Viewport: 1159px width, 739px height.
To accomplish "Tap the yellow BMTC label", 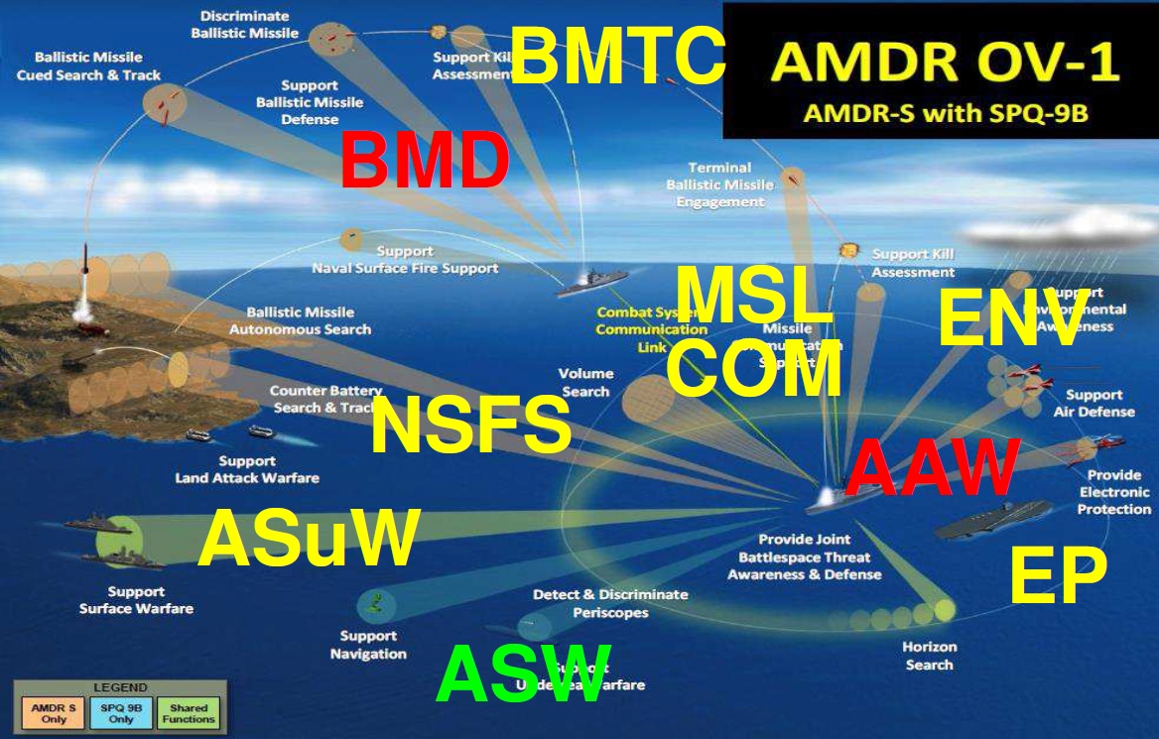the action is pos(617,56).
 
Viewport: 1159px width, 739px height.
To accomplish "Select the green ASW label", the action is pos(523,675).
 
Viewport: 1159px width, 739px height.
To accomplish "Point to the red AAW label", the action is pos(932,468).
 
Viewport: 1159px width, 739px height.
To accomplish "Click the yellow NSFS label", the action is pos(470,427).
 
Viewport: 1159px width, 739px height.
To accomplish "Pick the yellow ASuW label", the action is pos(309,540).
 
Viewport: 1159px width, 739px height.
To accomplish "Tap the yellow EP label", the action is pos(1057,576).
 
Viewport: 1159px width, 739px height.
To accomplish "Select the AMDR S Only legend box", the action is pos(48,713).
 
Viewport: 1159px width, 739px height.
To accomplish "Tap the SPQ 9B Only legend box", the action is pos(118,713).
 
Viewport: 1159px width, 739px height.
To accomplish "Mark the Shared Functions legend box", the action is pos(189,713).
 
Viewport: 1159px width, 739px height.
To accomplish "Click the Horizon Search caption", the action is pos(930,656).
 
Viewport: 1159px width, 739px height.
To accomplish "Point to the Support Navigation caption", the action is pos(368,645).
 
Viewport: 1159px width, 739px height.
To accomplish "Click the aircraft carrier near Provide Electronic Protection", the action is pos(992,518).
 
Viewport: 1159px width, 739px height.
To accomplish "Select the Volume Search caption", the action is pos(585,383).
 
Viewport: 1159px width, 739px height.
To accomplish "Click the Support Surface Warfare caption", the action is pos(136,600).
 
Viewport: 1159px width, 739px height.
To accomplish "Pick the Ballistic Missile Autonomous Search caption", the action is pos(300,320).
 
